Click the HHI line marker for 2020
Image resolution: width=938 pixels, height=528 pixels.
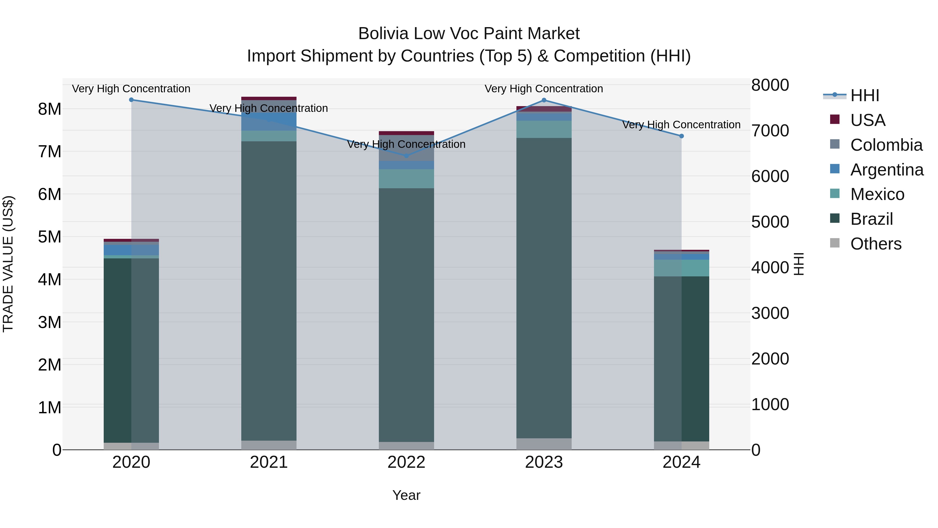coord(132,100)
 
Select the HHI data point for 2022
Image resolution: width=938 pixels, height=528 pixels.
coord(406,156)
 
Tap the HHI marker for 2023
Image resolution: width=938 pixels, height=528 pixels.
coord(544,100)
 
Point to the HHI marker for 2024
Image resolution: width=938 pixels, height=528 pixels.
coord(681,136)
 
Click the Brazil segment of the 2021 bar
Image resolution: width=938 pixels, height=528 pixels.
coord(269,292)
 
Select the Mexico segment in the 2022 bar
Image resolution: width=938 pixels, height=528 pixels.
coord(406,179)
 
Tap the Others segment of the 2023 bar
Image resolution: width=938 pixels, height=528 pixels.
coord(544,444)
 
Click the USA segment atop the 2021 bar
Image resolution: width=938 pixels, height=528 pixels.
coord(269,98)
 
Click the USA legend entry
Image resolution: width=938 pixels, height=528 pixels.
coord(867,120)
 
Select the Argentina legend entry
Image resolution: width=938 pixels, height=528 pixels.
coord(887,170)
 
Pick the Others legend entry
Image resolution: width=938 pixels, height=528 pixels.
coord(876,244)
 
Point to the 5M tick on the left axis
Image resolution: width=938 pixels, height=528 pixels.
coord(50,237)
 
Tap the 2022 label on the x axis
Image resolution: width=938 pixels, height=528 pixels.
coord(406,462)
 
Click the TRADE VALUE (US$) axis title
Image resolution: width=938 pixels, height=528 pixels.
coord(8,264)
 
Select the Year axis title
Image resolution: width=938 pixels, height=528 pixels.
coord(406,495)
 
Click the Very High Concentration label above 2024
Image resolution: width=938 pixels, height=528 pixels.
coord(681,125)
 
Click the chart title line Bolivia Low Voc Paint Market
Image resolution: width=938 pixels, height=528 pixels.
coord(469,34)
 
